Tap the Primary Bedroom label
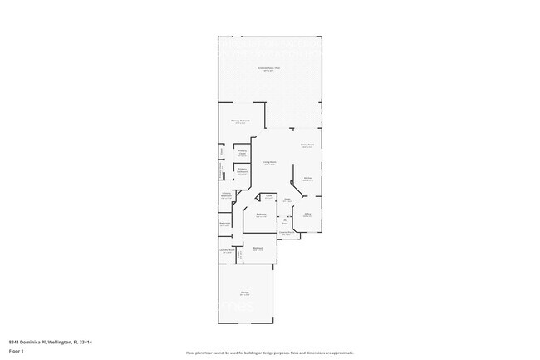[240, 121]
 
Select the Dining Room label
[307, 145]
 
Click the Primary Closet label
[243, 153]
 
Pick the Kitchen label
[307, 179]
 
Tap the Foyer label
[286, 200]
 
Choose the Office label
[307, 215]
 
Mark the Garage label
[246, 293]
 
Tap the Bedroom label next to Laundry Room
[258, 249]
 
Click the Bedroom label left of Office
[261, 215]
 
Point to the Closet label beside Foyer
[269, 196]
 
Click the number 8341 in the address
[15, 342]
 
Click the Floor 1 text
[16, 352]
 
